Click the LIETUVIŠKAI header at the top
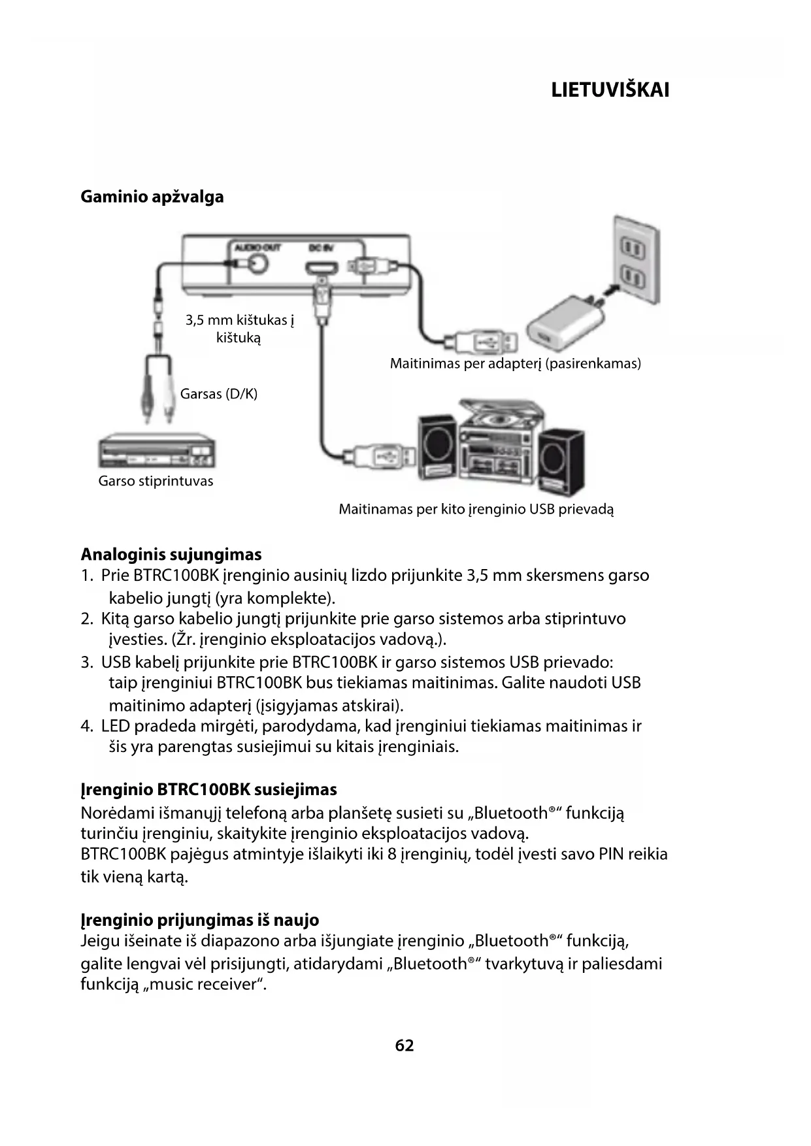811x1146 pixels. pos(610,90)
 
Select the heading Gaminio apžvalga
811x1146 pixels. pos(152,197)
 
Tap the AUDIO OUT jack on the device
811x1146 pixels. pos(256,263)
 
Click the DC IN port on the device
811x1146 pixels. pos(322,268)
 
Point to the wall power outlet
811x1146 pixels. pos(633,262)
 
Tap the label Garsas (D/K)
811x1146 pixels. pos(219,394)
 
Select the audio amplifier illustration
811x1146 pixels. pos(156,451)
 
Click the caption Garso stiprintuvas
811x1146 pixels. pos(156,482)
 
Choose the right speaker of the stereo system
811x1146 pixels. pos(561,458)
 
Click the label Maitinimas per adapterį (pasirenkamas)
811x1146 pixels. pos(515,363)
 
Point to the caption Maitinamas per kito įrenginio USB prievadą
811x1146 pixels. pos(476,509)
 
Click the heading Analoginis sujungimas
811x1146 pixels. pos(171,555)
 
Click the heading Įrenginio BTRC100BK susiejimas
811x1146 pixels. pos(208,790)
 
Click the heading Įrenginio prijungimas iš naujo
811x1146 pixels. pos(199,920)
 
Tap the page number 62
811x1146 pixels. pos(405,1045)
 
